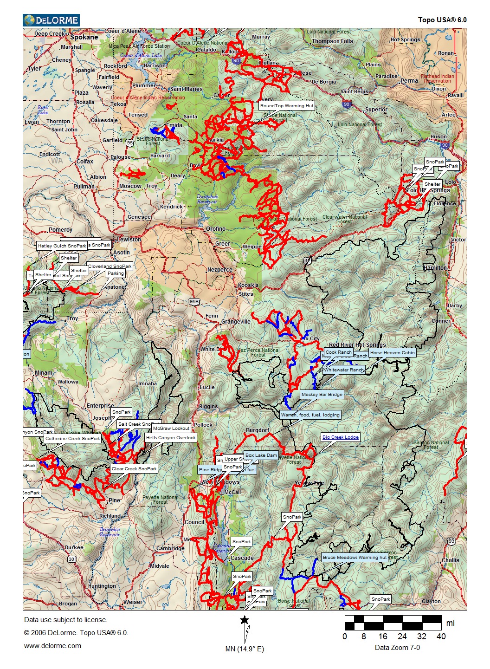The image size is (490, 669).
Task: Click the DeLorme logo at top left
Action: coord(51,20)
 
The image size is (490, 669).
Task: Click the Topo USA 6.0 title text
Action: coord(442,20)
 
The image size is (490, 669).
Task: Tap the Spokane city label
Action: coord(84,37)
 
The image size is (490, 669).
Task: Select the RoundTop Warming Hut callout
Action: coord(286,106)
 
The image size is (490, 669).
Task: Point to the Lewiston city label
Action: coord(129,240)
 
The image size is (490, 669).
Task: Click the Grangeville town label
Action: coord(236,322)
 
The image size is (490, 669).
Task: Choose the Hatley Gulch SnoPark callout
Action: coord(62,246)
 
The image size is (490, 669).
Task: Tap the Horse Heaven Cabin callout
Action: coord(392,353)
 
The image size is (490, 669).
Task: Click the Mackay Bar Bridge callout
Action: coord(322,395)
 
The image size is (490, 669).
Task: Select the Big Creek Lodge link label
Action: coord(340,437)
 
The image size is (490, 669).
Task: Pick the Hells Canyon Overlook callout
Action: coord(170,438)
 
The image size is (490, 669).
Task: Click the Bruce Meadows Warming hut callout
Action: coord(355,558)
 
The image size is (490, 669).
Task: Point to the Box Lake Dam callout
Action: coord(261,455)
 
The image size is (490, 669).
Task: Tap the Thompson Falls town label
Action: coord(332,41)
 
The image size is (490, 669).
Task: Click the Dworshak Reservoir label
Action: coord(207,199)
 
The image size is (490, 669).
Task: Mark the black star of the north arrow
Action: coord(245,620)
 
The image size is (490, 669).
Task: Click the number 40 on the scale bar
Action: coord(441,637)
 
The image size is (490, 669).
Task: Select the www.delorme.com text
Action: coord(52,646)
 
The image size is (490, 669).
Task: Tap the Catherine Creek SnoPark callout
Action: coord(72,439)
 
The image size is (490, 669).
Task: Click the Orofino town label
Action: coord(216,229)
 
